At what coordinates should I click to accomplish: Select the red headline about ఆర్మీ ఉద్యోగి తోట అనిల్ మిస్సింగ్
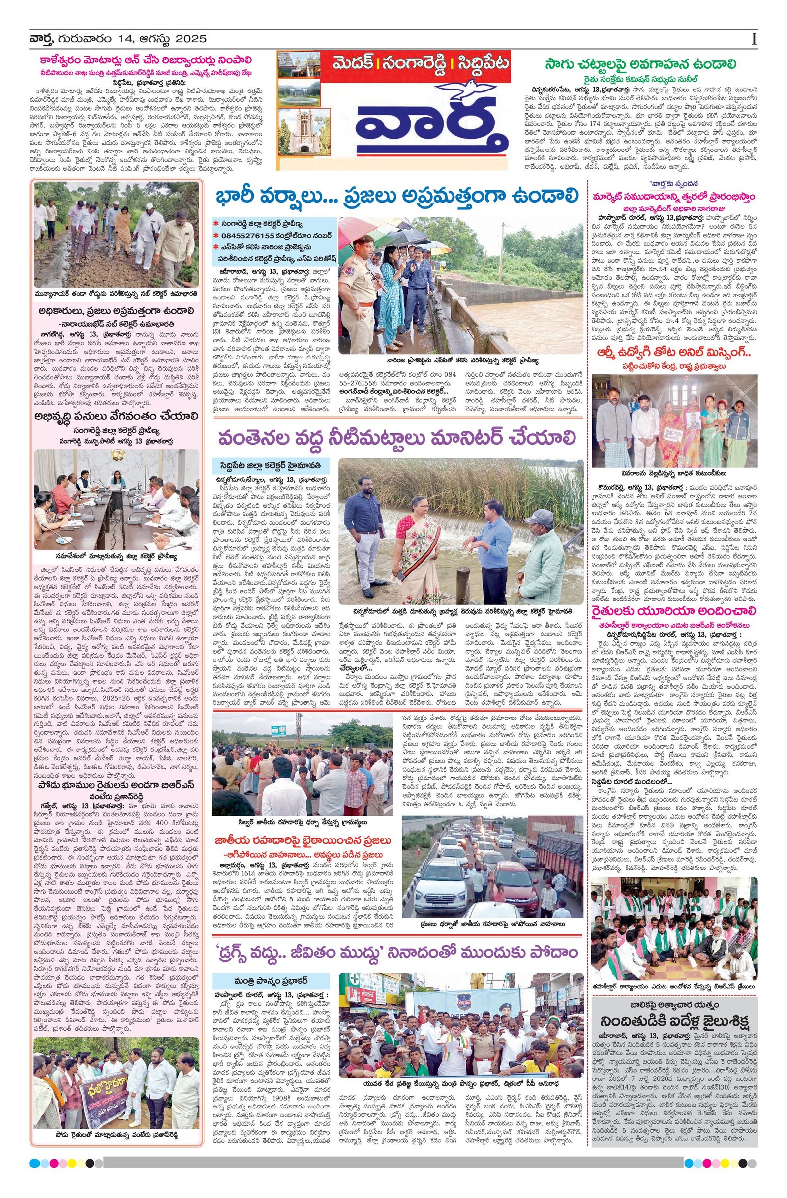674,354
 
